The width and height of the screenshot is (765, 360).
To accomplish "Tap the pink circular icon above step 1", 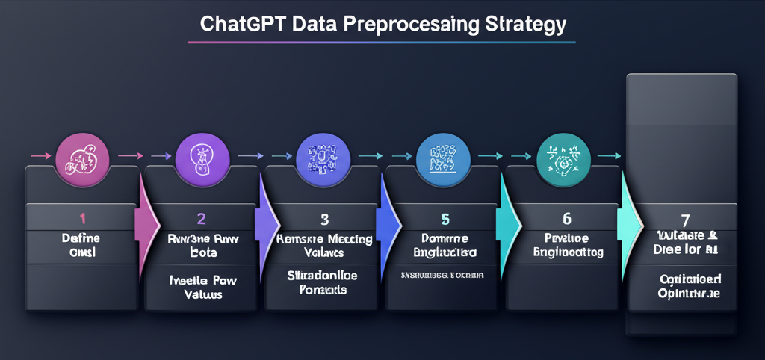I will click(x=82, y=156).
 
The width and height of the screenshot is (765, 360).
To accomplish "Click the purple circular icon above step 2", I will click(x=201, y=156).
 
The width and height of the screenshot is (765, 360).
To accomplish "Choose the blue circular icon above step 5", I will click(x=442, y=156).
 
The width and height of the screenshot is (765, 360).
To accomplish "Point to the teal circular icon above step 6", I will click(x=563, y=156).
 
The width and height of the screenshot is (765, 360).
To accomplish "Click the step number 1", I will click(x=82, y=218).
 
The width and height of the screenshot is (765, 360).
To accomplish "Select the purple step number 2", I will click(x=201, y=218).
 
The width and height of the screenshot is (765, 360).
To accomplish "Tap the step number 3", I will click(x=324, y=219).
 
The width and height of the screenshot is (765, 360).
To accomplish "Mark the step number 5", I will click(x=444, y=219).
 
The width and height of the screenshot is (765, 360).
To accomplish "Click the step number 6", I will click(x=566, y=218).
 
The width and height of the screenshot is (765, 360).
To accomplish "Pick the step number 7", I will click(x=685, y=219).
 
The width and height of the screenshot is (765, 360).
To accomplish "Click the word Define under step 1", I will click(x=81, y=238).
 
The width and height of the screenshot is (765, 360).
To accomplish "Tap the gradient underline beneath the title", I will click(x=382, y=43).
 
